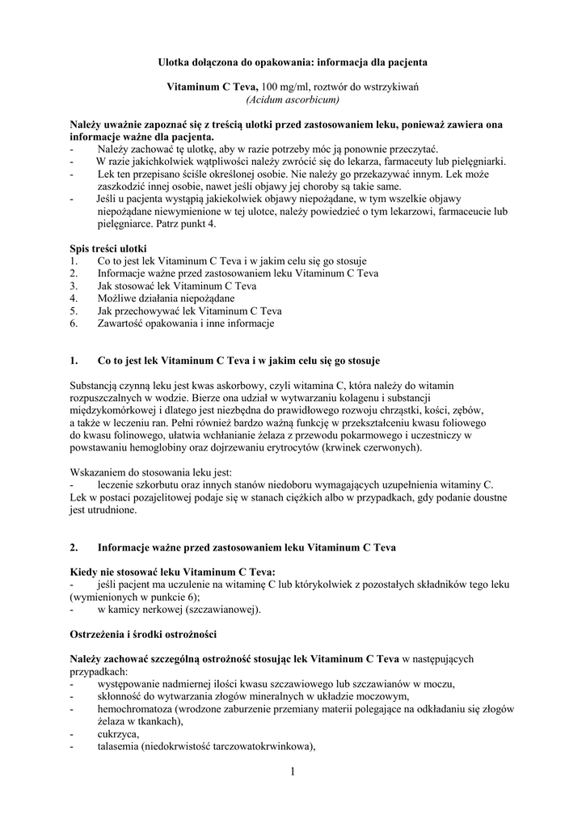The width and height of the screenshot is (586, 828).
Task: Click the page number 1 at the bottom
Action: (x=293, y=772)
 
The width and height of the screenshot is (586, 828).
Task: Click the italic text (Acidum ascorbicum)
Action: (x=293, y=100)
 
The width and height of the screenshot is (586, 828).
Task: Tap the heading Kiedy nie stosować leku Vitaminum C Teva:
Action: (x=173, y=572)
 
